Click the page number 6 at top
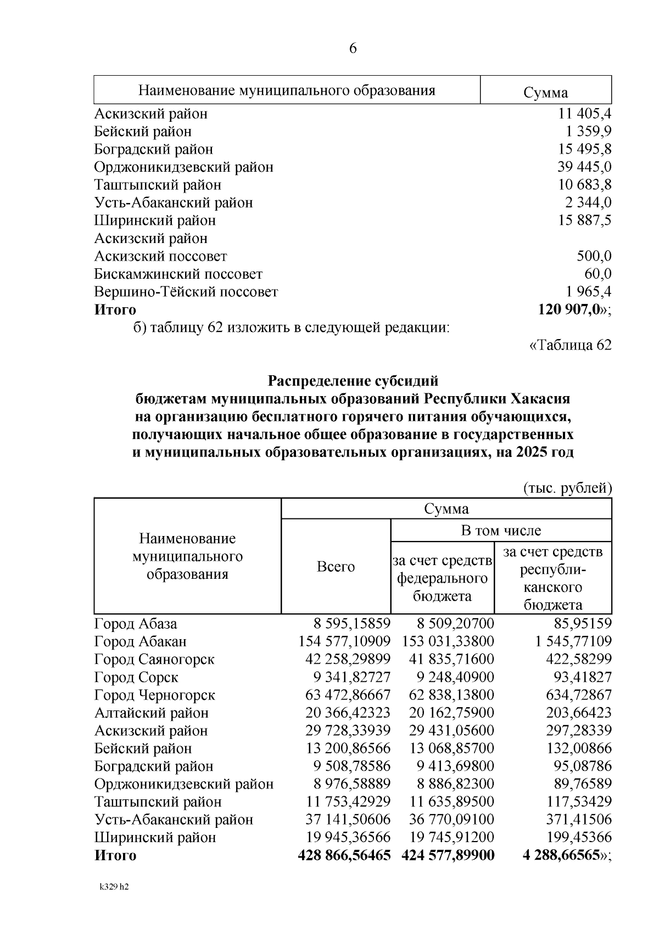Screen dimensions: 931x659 pyautogui.click(x=353, y=49)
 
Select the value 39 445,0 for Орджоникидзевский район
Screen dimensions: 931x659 pyautogui.click(x=584, y=167)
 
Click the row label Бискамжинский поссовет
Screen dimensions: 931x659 pyautogui.click(x=178, y=274)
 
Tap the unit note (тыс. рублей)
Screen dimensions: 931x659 pyautogui.click(x=567, y=488)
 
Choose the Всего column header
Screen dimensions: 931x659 pyautogui.click(x=336, y=567)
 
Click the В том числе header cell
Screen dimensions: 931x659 pyautogui.click(x=500, y=531)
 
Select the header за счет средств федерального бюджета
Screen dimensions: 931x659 pyautogui.click(x=442, y=578)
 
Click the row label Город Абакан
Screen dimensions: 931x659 pyautogui.click(x=141, y=641)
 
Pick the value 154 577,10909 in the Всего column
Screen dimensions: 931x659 pyautogui.click(x=344, y=641)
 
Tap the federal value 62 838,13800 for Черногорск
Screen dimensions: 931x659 pyautogui.click(x=451, y=695)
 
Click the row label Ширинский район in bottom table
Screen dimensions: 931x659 pyautogui.click(x=155, y=837)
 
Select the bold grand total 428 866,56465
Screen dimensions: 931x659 pyautogui.click(x=344, y=855)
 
